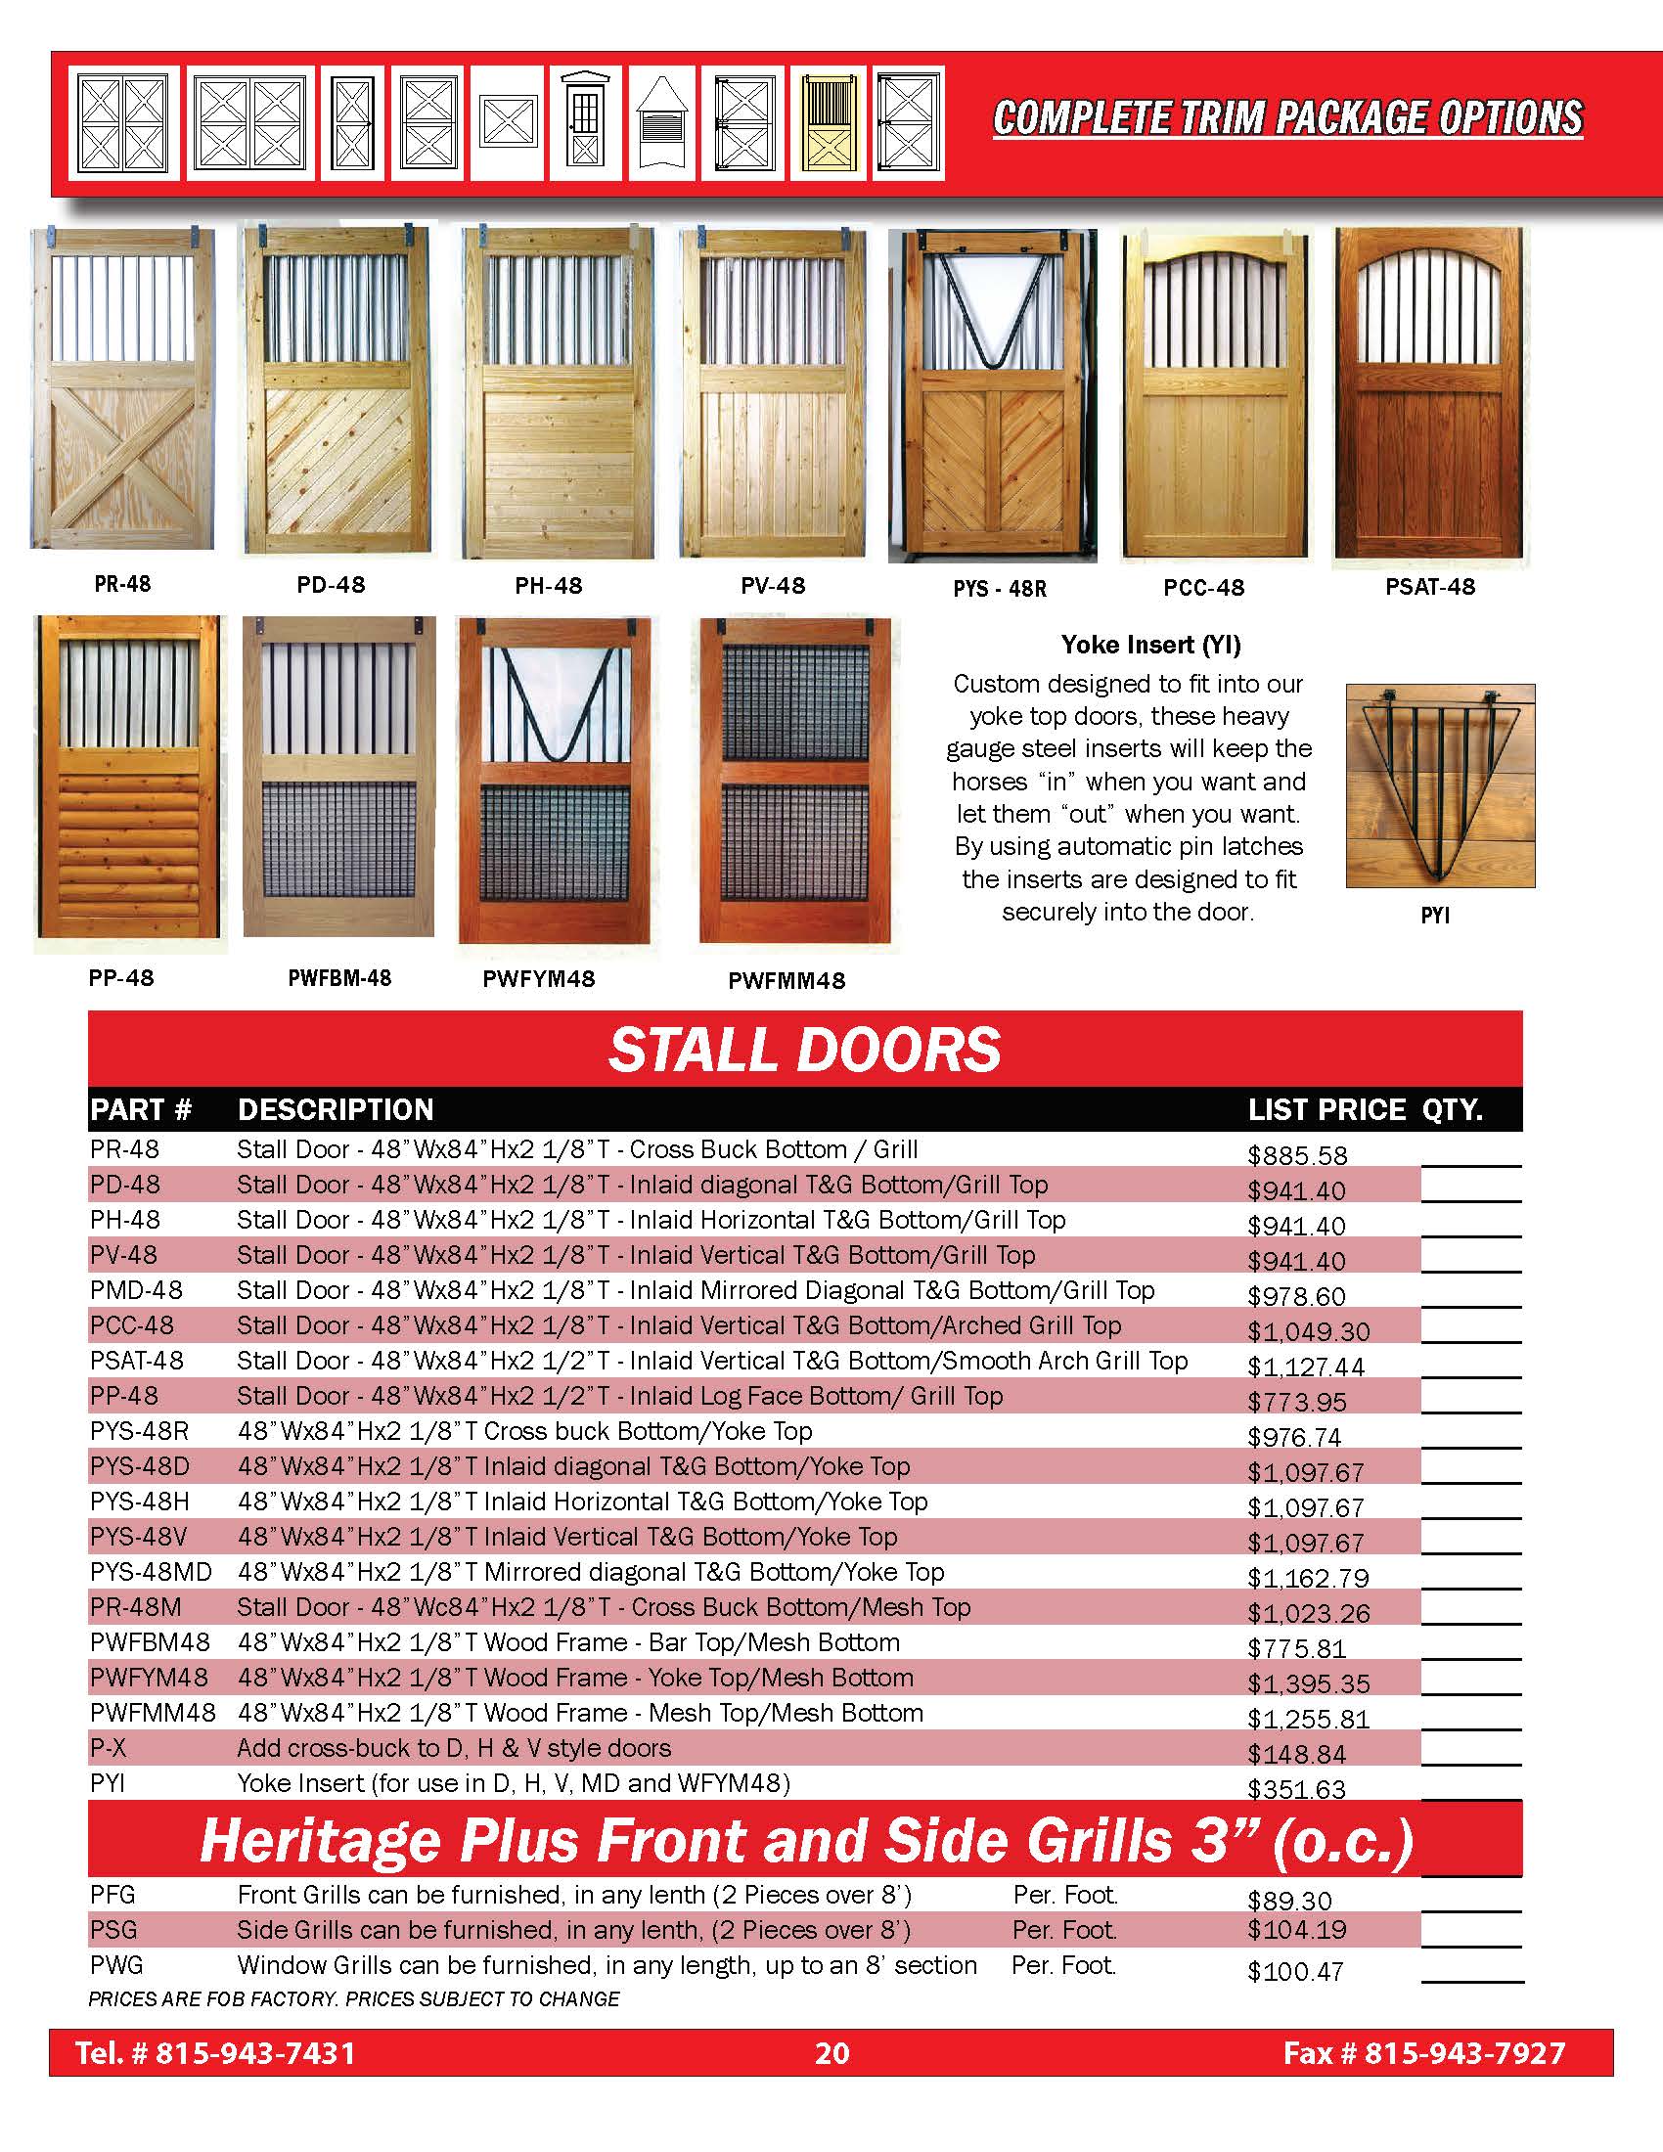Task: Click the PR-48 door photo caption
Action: (122, 584)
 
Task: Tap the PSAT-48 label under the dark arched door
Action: (1429, 587)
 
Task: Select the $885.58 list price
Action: (1296, 1155)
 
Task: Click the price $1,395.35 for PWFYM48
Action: (1308, 1683)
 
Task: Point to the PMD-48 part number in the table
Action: (136, 1290)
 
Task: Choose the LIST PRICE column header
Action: (1326, 1109)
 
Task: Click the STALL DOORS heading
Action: (805, 1050)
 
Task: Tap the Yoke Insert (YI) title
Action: (1150, 645)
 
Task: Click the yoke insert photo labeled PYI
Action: (1439, 785)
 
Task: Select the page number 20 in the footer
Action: (831, 2053)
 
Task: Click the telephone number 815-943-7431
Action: (255, 2053)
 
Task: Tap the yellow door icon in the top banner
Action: (828, 123)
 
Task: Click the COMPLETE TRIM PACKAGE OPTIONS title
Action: (1286, 118)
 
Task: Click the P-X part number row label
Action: (109, 1748)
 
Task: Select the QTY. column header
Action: (1452, 1109)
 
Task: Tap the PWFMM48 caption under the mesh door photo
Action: (787, 980)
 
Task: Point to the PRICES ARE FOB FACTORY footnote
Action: (354, 1999)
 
